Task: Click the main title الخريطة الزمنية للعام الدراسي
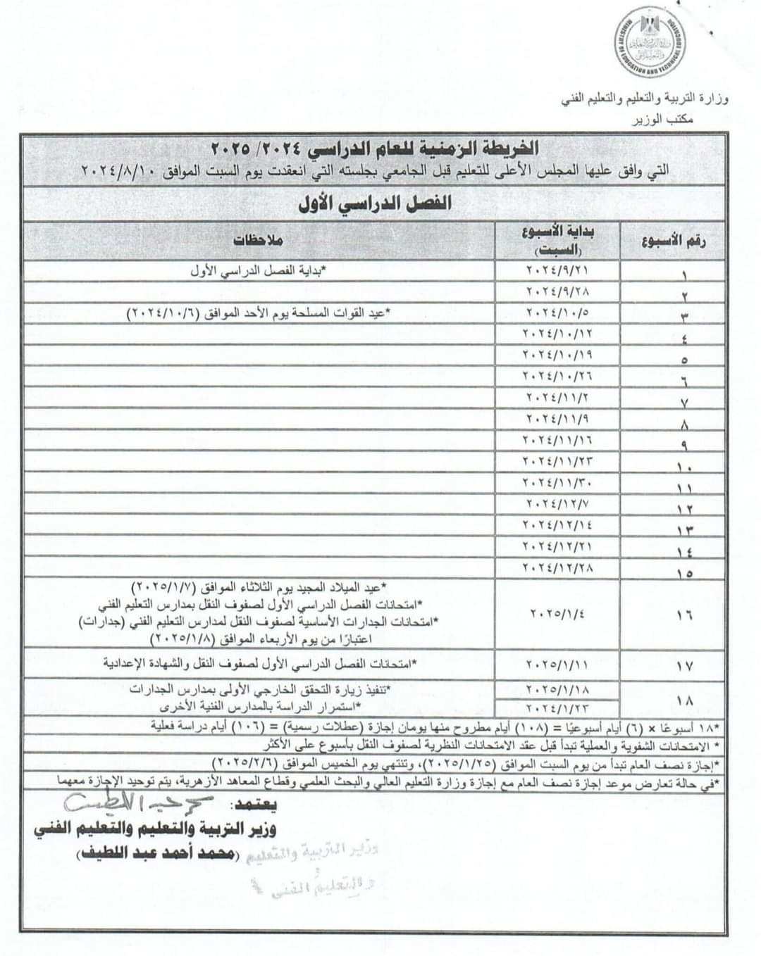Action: point(376,149)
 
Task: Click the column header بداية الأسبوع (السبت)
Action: point(562,241)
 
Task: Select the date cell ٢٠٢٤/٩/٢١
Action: point(560,271)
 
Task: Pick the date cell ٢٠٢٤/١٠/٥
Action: point(560,312)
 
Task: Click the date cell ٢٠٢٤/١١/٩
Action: point(560,420)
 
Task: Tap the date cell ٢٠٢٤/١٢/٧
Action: point(560,504)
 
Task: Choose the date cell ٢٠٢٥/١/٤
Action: point(560,613)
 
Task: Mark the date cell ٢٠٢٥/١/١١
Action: point(560,664)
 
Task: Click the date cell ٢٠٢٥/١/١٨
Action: point(560,690)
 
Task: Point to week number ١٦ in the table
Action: point(683,615)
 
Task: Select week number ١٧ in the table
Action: point(683,665)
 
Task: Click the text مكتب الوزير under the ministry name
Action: point(686,120)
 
